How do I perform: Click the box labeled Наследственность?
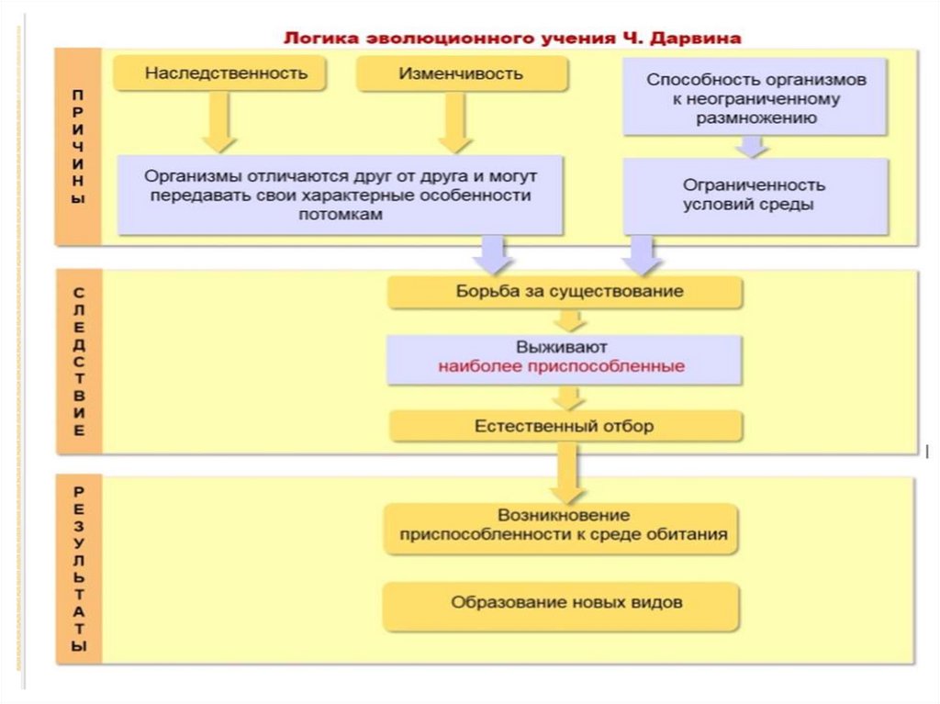[220, 73]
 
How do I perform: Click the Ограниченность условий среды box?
[755, 196]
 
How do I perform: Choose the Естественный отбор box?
[565, 426]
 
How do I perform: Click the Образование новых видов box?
[561, 604]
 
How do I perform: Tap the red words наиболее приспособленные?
[561, 366]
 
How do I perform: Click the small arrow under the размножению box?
[753, 146]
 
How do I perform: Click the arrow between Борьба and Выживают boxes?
[569, 320]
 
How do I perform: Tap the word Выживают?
[561, 348]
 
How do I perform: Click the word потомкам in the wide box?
[340, 214]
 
